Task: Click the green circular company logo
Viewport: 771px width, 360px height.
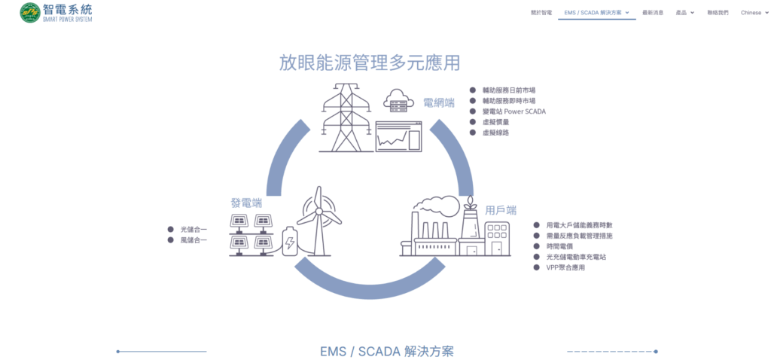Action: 30,13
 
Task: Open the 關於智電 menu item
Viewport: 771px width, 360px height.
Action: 541,13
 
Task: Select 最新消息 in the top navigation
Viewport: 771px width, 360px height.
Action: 653,13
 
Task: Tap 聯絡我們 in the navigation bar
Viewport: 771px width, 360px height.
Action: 718,13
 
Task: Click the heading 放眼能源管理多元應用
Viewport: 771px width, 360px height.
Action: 369,63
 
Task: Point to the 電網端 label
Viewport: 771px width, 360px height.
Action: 438,102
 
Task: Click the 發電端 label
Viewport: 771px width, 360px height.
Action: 246,203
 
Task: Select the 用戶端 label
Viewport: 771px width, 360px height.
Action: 501,210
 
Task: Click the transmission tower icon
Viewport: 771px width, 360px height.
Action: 346,116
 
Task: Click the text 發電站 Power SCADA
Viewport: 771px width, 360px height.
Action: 513,111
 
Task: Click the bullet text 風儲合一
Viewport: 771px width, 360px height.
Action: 194,240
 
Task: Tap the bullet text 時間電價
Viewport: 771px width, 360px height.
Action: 560,246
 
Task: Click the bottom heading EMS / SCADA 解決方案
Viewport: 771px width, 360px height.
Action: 387,352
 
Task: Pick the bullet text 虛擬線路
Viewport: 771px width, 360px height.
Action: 495,133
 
